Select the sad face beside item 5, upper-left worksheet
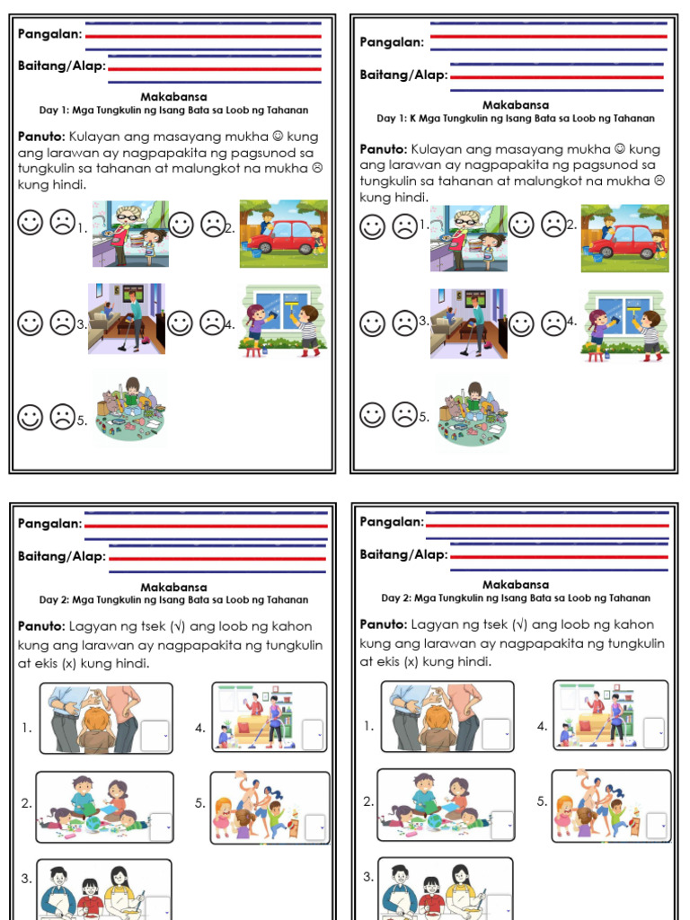pos(62,416)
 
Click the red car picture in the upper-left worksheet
pos(283,234)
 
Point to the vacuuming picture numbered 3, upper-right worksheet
pos(468,323)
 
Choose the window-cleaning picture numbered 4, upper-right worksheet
pos(625,325)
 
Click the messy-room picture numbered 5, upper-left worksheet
pos(130,410)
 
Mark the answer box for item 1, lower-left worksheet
pos(155,734)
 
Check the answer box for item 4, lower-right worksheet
pos(655,731)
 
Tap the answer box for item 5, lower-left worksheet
pos(314,827)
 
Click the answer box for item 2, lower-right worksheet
pos(501,824)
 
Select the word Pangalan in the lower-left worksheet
pos(49,524)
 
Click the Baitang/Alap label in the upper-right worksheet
pos(403,75)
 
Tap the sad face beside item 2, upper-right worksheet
pos(553,225)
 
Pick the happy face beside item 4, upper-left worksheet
pos(182,323)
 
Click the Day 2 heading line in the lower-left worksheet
pos(173,599)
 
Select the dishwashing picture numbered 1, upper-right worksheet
pos(468,238)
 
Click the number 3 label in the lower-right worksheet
pos(367,876)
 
